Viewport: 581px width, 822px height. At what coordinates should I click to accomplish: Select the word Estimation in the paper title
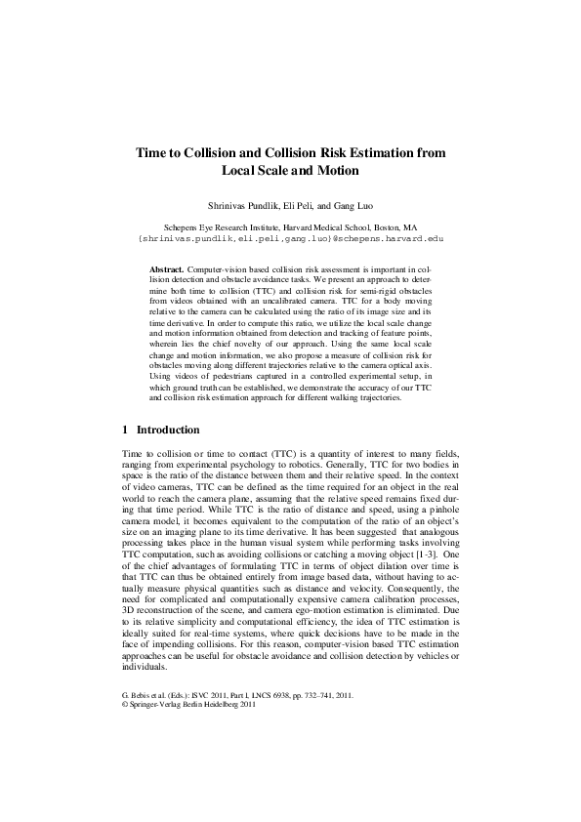390,153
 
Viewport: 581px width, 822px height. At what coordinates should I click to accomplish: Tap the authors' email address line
290,237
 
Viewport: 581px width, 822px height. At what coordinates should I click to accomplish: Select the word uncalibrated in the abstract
289,300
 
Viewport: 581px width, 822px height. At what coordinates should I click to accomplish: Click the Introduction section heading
168,430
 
